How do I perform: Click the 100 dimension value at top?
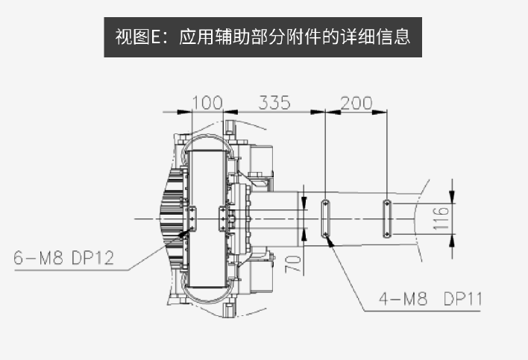pos(208,102)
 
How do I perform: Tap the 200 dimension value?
pos(356,102)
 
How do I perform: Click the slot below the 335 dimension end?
pos(326,218)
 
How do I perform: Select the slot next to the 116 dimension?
pos(387,218)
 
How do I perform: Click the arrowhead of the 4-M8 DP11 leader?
pos(328,241)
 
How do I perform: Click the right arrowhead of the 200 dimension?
pos(383,112)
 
